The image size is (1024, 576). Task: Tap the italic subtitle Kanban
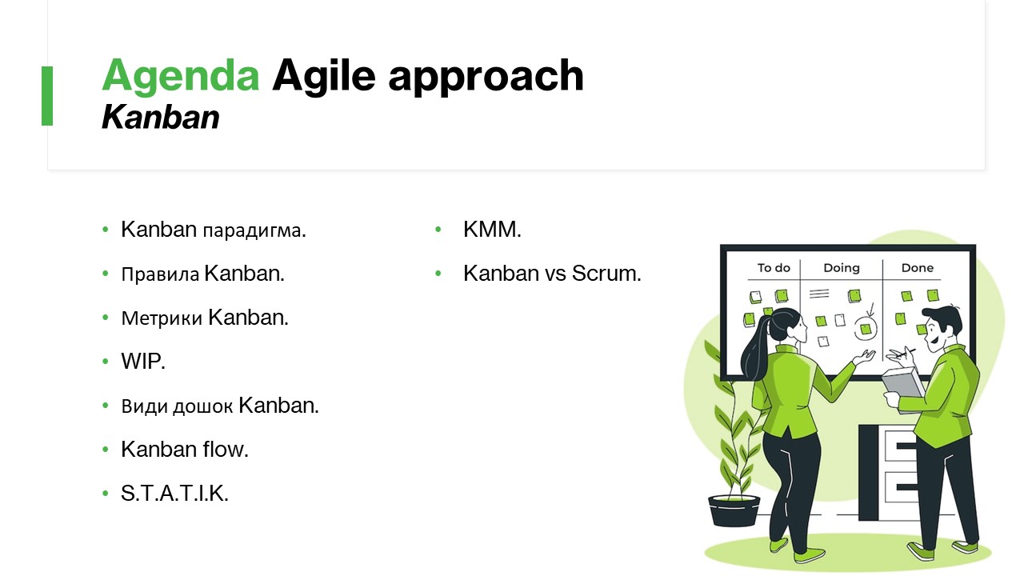[161, 117]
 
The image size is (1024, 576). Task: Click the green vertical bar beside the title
[47, 96]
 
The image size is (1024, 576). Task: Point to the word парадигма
[254, 230]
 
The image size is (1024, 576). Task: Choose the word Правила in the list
[160, 274]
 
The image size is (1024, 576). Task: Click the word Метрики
[162, 318]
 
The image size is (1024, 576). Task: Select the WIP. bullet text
[142, 361]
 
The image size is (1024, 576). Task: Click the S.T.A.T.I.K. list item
[174, 494]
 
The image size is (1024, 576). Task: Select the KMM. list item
[492, 230]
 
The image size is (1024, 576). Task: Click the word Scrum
[606, 274]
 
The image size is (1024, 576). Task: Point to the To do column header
[774, 268]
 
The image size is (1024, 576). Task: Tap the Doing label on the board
[842, 268]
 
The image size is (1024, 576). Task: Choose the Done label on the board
[917, 268]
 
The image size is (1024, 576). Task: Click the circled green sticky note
[866, 329]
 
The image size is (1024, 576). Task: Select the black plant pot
[734, 510]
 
